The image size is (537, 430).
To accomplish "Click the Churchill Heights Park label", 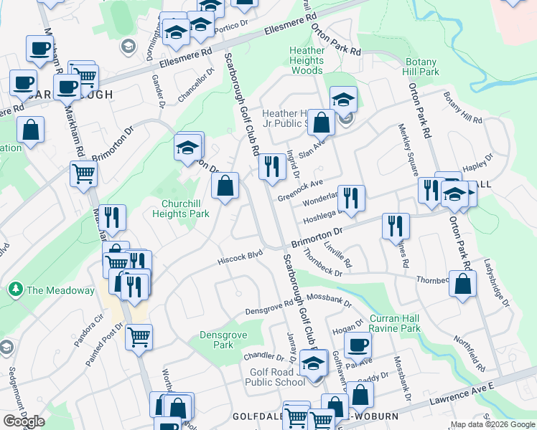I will point(180,208).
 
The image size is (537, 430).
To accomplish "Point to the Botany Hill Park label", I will point(421,67).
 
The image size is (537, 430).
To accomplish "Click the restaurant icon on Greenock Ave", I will point(272,168).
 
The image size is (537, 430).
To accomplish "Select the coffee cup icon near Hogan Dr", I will point(357,345).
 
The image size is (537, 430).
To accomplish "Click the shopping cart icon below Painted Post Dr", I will point(139,336).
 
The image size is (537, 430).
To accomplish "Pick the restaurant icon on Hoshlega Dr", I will point(351,199).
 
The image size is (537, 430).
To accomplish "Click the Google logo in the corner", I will point(24,421).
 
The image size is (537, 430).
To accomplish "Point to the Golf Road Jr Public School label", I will point(277,378).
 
